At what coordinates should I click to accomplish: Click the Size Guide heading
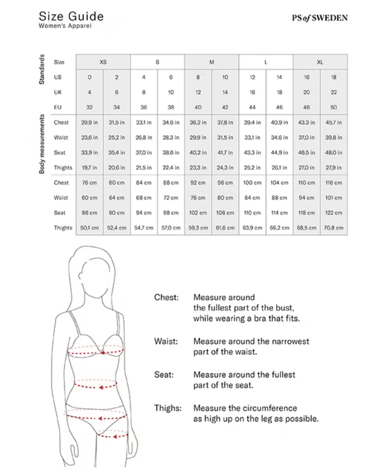pyautogui.click(x=71, y=16)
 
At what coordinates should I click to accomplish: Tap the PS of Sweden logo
pyautogui.click(x=319, y=18)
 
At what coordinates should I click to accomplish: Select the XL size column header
pyautogui.click(x=320, y=62)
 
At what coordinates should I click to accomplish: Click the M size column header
pyautogui.click(x=212, y=62)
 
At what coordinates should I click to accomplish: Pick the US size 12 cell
pyautogui.click(x=252, y=77)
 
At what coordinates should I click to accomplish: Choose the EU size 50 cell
pyautogui.click(x=333, y=107)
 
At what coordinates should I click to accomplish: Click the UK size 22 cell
pyautogui.click(x=333, y=92)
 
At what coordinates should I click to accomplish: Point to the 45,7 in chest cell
pyautogui.click(x=333, y=122)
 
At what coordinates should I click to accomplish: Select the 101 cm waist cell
pyautogui.click(x=333, y=198)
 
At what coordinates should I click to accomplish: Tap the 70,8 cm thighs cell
pyautogui.click(x=333, y=228)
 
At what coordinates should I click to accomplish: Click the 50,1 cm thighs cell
pyautogui.click(x=89, y=228)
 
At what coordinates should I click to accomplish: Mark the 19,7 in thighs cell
pyautogui.click(x=89, y=167)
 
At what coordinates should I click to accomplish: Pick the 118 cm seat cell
pyautogui.click(x=307, y=213)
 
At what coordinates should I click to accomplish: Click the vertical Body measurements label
pyautogui.click(x=42, y=144)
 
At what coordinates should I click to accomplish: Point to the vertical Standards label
pyautogui.click(x=42, y=69)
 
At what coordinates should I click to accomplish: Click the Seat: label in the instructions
pyautogui.click(x=164, y=375)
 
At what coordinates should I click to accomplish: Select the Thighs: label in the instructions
pyautogui.click(x=168, y=408)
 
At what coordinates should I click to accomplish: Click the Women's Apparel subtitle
pyautogui.click(x=65, y=26)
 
